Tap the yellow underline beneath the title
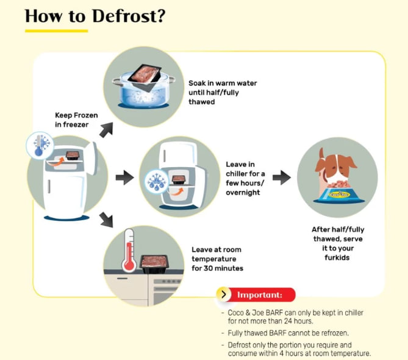click(56, 31)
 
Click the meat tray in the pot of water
click(145, 77)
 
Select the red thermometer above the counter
click(129, 250)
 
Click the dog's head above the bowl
click(336, 166)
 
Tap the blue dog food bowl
click(339, 195)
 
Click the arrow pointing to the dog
click(282, 178)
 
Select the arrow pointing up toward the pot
click(107, 129)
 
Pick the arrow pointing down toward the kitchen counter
click(107, 220)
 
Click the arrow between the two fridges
click(125, 178)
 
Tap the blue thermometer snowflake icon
click(40, 145)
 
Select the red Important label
click(261, 295)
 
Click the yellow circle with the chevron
click(223, 294)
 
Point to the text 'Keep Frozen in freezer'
click(76, 120)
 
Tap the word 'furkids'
click(337, 257)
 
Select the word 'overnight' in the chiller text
click(243, 192)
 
